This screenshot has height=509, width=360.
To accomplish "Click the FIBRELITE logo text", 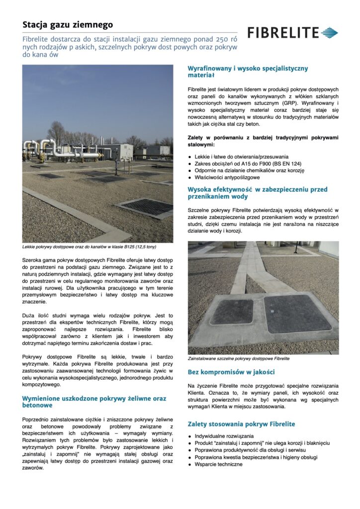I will pos(283,33).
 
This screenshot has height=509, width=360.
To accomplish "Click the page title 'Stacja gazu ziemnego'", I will pos(68,24).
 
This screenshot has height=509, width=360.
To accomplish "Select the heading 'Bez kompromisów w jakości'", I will pos(231,372).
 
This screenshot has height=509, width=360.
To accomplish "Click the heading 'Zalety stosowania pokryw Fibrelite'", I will pos(241,424).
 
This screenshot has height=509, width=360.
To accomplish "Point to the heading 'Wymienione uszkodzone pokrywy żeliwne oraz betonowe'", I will pos(94,402).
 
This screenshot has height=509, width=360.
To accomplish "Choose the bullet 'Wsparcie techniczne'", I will pos(219,464).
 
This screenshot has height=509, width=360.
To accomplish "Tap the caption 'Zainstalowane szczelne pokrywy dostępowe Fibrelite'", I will pos(239,358).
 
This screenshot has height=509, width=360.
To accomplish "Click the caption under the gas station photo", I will pos(90,247).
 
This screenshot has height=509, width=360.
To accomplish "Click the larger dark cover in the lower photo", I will pos(297,313).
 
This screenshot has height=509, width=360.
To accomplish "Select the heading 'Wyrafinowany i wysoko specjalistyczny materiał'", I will pos(248,72).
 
